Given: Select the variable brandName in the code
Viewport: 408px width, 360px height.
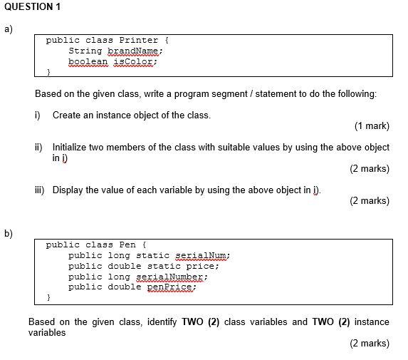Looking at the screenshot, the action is [135, 51].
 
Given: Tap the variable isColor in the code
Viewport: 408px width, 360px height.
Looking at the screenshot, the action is [132, 62].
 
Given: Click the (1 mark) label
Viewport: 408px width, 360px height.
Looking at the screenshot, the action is [371, 126].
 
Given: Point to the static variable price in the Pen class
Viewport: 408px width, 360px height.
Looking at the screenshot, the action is [202, 266].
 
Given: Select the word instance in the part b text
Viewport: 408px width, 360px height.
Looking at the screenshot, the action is [372, 322].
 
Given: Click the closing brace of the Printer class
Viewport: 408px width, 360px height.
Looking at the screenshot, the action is [48, 73].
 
